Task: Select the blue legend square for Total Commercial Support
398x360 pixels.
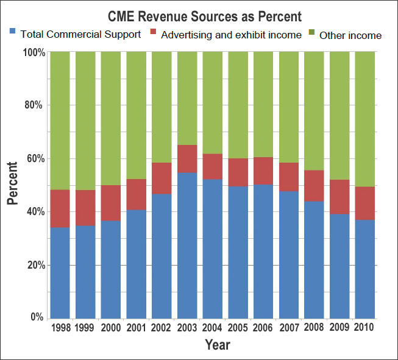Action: (13, 30)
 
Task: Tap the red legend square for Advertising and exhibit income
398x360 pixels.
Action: (154, 30)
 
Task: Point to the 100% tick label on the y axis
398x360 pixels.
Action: (34, 52)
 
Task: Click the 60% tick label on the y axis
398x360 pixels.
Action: (35, 159)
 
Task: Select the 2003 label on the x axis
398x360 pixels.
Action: (188, 328)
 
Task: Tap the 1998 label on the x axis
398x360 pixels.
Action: (60, 328)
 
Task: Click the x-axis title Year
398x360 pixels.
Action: (217, 345)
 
